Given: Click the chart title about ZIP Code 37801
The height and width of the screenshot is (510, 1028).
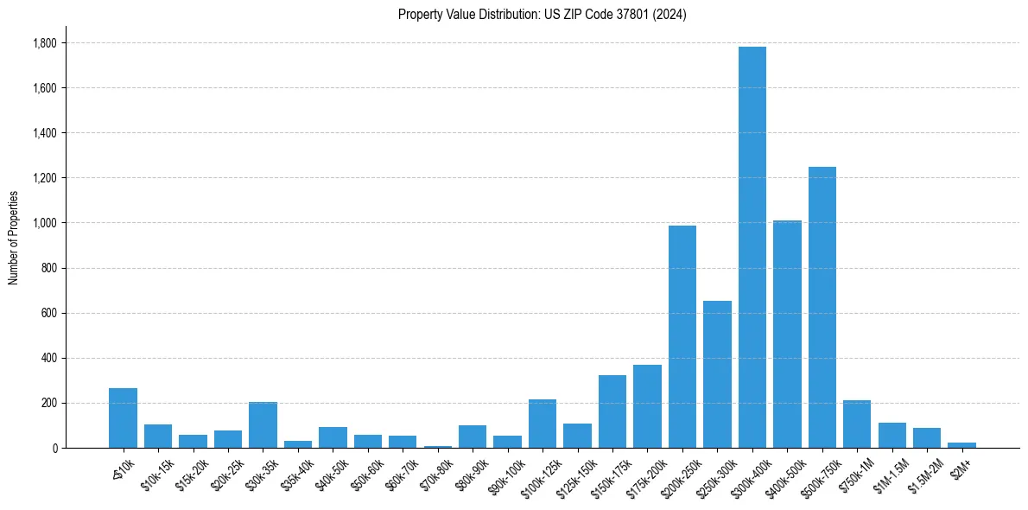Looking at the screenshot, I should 542,15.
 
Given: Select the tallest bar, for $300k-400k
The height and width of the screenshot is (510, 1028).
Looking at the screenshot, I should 752,247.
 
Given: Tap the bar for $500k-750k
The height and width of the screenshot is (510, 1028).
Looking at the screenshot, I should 822,307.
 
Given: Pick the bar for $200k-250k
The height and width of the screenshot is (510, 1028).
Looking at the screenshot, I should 682,336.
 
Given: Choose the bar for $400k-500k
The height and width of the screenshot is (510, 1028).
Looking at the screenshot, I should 787,334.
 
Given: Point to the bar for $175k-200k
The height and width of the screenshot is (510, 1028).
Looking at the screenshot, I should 647,406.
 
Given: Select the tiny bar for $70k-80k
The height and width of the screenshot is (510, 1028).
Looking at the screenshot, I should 437,446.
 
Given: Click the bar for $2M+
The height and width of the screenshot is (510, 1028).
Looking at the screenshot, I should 961,445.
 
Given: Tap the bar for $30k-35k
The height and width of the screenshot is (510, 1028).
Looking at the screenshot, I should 263,424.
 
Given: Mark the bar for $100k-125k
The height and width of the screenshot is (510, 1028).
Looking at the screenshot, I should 543,424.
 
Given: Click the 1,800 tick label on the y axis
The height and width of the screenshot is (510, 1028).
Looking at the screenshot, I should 43,43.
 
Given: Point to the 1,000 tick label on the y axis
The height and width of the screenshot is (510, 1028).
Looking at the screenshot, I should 43,223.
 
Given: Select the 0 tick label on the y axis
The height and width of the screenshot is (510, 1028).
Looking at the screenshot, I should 54,448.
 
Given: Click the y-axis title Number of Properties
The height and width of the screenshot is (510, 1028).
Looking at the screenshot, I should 14,237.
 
